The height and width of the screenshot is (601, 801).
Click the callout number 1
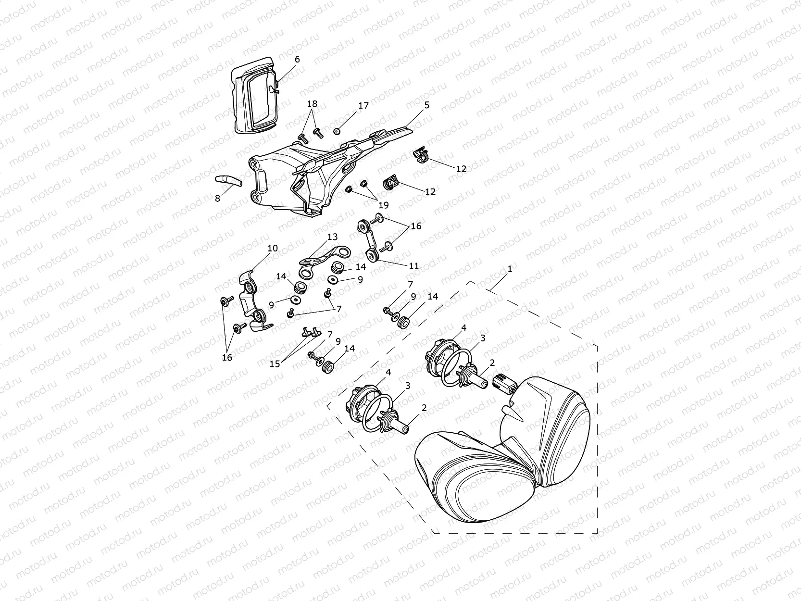pyautogui.click(x=510, y=269)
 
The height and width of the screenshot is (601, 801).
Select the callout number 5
pyautogui.click(x=426, y=105)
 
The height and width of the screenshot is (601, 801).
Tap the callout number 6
pyautogui.click(x=297, y=59)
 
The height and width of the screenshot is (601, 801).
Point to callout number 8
pyautogui.click(x=217, y=198)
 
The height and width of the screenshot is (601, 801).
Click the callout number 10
pyautogui.click(x=272, y=249)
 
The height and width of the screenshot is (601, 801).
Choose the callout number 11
pyautogui.click(x=413, y=266)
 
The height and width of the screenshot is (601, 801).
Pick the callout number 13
pyautogui.click(x=332, y=237)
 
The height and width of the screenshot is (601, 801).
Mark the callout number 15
pyautogui.click(x=275, y=364)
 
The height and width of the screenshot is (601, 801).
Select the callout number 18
pyautogui.click(x=312, y=104)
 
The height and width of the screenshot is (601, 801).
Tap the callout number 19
pyautogui.click(x=383, y=205)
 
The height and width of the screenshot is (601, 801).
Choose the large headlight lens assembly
pyautogui.click(x=500, y=452)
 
